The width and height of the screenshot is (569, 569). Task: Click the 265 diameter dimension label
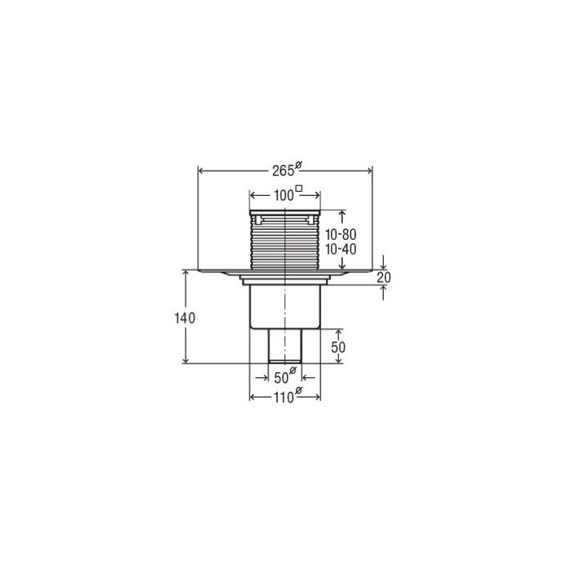[x=287, y=169]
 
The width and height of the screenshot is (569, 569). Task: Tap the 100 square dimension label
[x=288, y=194]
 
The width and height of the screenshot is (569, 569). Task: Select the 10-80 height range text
[x=341, y=234]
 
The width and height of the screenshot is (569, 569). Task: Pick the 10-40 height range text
[x=341, y=250]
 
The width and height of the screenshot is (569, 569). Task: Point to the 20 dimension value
[x=384, y=278]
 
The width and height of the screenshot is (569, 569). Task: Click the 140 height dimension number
[x=185, y=319]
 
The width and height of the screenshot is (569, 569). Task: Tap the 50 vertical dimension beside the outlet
[x=338, y=347]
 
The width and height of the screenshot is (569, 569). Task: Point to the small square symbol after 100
[x=299, y=188]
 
